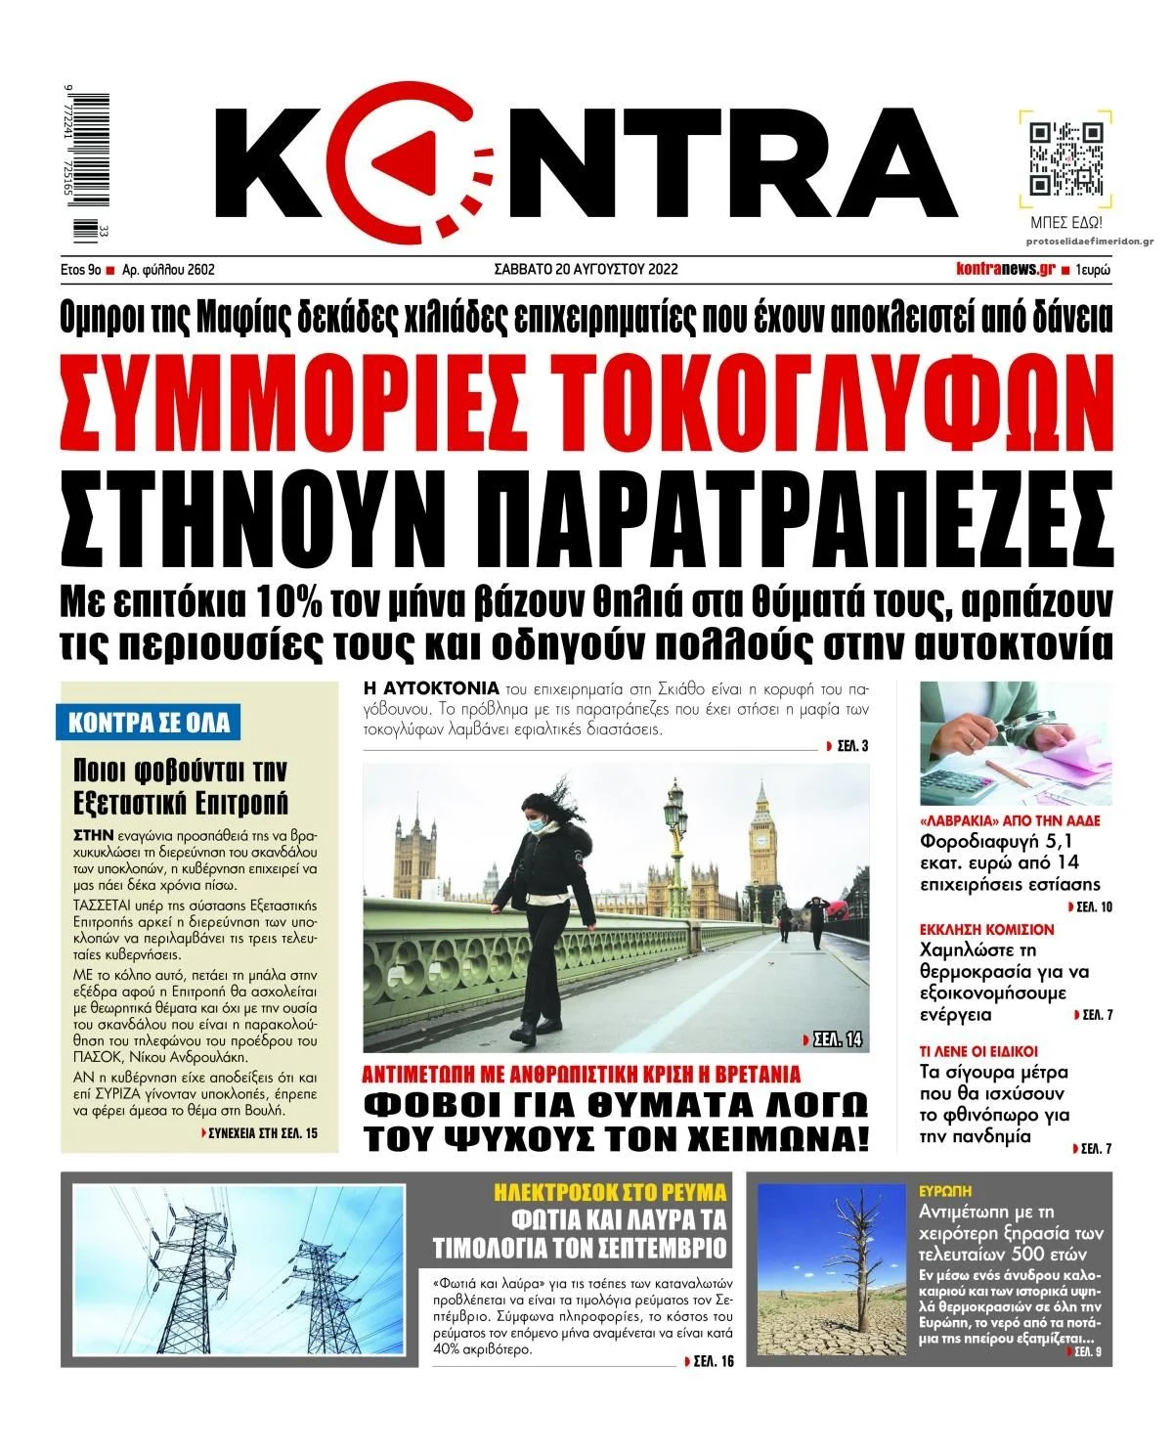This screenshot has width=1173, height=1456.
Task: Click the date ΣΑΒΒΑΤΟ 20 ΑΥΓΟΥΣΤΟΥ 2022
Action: [x=586, y=269]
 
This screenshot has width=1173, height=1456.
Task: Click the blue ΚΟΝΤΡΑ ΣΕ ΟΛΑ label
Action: [x=150, y=723]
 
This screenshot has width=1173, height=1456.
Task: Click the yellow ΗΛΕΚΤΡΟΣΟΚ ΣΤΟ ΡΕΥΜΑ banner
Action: [x=610, y=1192]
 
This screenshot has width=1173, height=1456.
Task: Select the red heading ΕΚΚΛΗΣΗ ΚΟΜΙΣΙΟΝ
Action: [x=987, y=929]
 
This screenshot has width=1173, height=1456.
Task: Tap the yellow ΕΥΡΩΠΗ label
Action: [x=945, y=1192]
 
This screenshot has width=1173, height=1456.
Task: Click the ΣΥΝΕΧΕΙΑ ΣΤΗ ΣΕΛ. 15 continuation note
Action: [x=262, y=1133]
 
